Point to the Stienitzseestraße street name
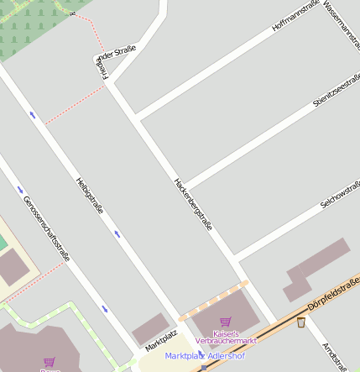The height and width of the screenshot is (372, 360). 336,91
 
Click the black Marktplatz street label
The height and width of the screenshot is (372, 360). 161,340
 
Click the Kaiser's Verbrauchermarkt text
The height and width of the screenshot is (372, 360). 226,338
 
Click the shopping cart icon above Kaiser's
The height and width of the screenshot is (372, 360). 225,322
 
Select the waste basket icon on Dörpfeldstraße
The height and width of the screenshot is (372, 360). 300,322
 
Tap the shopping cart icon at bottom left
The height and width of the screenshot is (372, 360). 49,363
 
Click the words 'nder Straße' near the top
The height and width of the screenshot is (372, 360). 117,54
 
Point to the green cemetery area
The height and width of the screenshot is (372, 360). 34,25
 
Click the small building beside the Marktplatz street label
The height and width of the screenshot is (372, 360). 149,327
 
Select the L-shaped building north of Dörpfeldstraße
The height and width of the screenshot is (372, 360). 315,268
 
